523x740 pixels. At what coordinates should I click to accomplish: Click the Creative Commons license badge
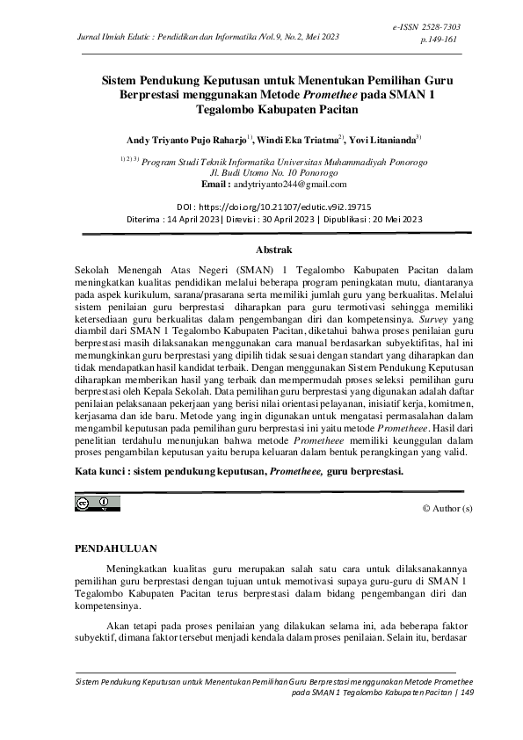pos(98,503)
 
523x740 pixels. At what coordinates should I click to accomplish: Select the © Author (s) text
pos(447,509)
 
